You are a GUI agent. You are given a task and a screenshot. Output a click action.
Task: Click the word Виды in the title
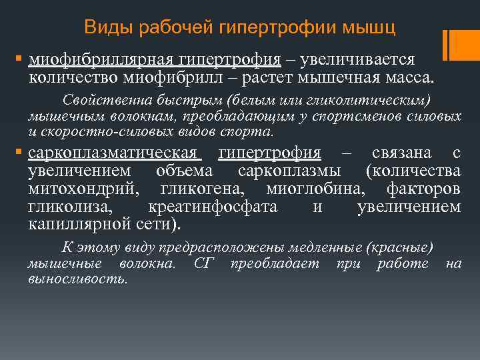[x=104, y=28]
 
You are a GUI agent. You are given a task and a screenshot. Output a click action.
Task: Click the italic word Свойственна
[x=97, y=101]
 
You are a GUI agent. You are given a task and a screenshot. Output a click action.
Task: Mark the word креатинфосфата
[x=212, y=206]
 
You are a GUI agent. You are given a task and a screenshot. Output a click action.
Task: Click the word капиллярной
[x=73, y=223]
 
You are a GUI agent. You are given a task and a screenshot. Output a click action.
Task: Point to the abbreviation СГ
[x=203, y=263]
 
